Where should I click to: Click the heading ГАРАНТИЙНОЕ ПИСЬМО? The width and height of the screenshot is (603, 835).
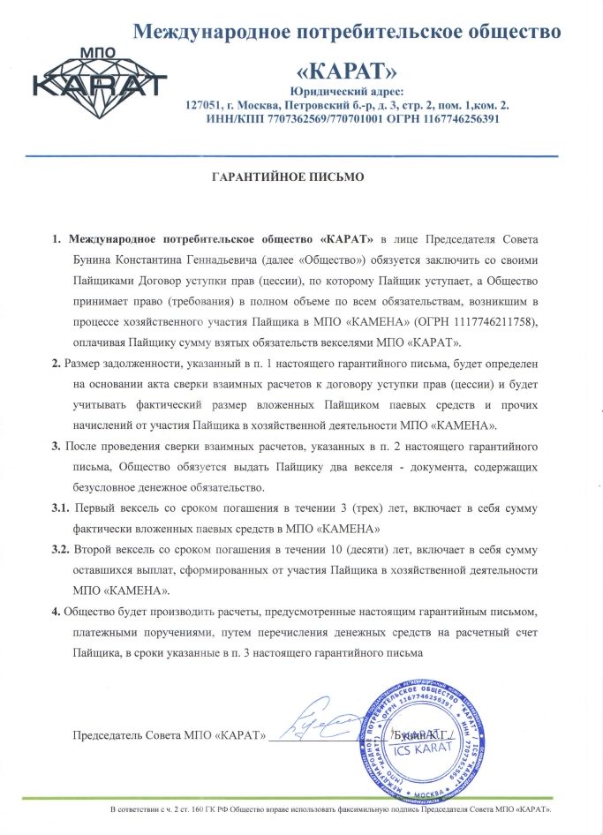point(289,177)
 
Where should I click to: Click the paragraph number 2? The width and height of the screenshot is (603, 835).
point(56,364)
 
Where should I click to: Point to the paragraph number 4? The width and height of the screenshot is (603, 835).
point(56,613)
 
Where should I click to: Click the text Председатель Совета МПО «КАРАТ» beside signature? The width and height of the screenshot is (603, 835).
point(169,735)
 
